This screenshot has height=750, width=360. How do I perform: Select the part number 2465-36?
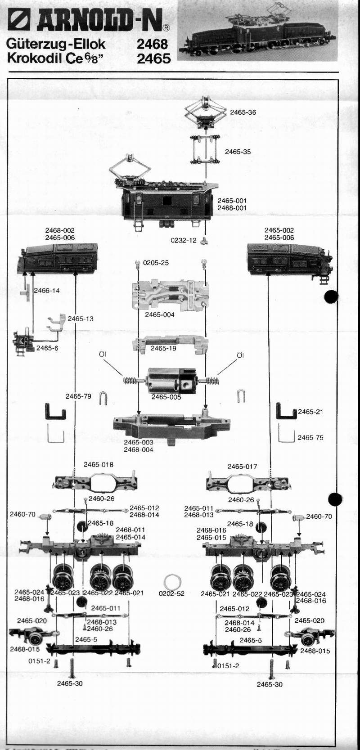(x=243, y=112)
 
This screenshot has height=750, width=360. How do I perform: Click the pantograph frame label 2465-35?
(x=238, y=152)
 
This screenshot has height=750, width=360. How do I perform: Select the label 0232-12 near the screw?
(x=184, y=240)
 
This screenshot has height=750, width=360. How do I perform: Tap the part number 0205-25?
(x=156, y=262)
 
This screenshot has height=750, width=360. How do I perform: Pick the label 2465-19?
(x=163, y=348)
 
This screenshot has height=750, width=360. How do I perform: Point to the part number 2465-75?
(x=310, y=437)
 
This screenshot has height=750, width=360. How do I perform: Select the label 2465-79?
(x=78, y=396)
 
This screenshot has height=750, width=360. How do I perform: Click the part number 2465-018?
(x=99, y=464)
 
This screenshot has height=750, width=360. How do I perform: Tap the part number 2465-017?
(x=242, y=467)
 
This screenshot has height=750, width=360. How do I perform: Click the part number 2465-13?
(x=81, y=319)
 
